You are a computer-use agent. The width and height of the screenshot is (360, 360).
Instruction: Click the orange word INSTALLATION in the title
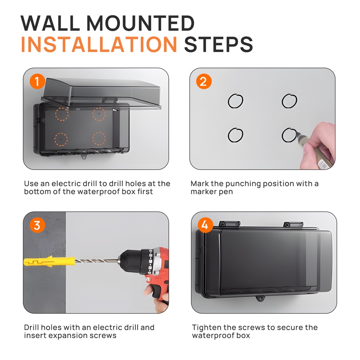coord(99,44)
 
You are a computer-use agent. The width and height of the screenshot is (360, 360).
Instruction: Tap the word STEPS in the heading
coord(218,44)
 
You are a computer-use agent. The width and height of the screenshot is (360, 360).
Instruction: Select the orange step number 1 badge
coord(37,81)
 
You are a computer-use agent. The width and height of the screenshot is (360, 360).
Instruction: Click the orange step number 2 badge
coord(204,81)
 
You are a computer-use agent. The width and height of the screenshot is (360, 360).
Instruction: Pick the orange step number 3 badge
coord(37,225)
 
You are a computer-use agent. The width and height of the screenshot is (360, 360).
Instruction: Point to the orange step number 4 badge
coord(205,225)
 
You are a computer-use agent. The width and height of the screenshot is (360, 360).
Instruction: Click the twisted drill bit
coord(96,261)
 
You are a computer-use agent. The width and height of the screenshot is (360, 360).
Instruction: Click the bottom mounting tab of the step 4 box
coord(261,299)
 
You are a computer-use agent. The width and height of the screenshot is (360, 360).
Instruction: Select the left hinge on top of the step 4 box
coord(229,224)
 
